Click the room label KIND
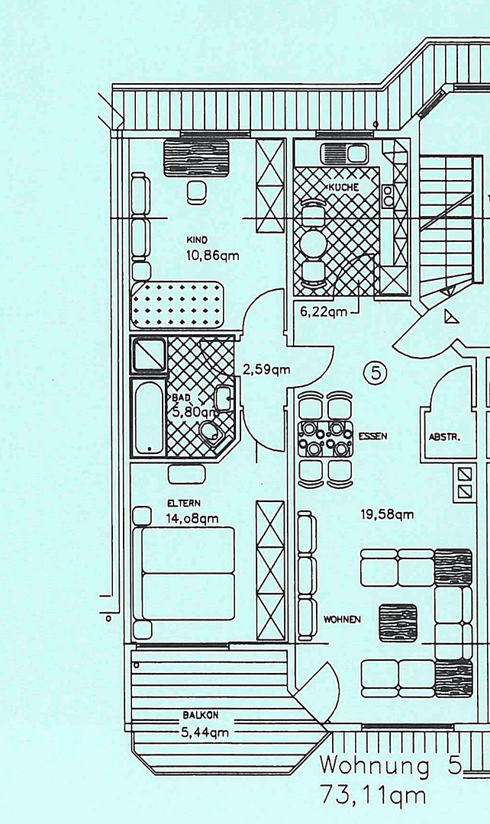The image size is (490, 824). pyautogui.click(x=197, y=240)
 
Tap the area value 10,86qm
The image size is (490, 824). pyautogui.click(x=212, y=256)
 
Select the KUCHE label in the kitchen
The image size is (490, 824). pyautogui.click(x=343, y=187)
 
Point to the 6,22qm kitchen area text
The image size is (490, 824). pyautogui.click(x=324, y=311)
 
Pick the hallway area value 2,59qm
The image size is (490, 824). pyautogui.click(x=266, y=370)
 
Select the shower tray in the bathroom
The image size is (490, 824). pyautogui.click(x=149, y=355)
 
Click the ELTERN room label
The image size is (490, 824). pyautogui.click(x=184, y=504)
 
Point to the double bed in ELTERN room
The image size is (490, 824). pyautogui.click(x=187, y=572)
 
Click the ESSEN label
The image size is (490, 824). pyautogui.click(x=372, y=436)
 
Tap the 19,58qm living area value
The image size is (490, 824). pyautogui.click(x=387, y=514)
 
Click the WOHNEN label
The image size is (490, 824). pyautogui.click(x=341, y=620)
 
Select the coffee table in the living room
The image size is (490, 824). pyautogui.click(x=398, y=622)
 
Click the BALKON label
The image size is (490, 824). pyautogui.click(x=201, y=716)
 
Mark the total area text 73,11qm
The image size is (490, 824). pyautogui.click(x=373, y=796)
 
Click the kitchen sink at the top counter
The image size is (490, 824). pyautogui.click(x=345, y=153)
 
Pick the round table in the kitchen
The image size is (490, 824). pyautogui.click(x=314, y=243)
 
